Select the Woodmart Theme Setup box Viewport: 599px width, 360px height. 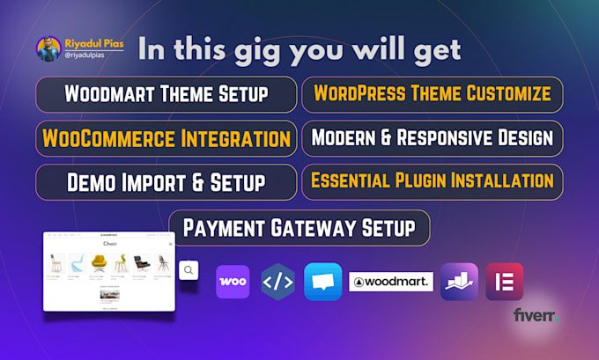(166, 94)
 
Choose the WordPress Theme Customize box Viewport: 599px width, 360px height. (433, 94)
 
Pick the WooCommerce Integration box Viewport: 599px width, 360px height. (166, 139)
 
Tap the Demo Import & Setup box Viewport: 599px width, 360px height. (166, 182)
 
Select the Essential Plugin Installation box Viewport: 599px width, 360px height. (433, 182)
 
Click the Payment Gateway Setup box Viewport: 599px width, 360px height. (299, 228)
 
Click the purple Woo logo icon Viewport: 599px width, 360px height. (233, 282)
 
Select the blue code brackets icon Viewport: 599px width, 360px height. (278, 282)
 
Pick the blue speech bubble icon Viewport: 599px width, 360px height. (322, 282)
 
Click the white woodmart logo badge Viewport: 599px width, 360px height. (391, 282)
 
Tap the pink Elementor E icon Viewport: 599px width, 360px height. (504, 282)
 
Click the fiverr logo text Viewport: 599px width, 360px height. (536, 315)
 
